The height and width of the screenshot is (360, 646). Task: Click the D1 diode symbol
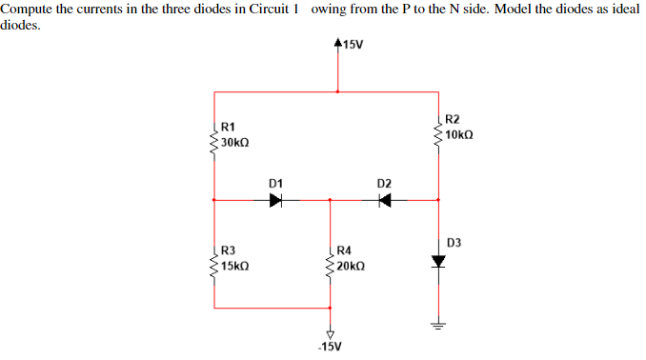pyautogui.click(x=276, y=201)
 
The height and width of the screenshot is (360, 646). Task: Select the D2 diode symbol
pyautogui.click(x=386, y=201)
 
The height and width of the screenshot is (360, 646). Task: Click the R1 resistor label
pyautogui.click(x=229, y=127)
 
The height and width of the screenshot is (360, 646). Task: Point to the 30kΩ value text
pyautogui.click(x=235, y=142)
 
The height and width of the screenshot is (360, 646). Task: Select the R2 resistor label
pyautogui.click(x=453, y=120)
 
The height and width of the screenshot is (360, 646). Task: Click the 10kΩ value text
pyautogui.click(x=458, y=135)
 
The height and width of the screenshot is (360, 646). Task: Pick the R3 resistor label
pyautogui.click(x=229, y=250)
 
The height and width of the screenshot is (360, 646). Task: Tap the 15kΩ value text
pyautogui.click(x=235, y=266)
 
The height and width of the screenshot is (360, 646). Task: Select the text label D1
pyautogui.click(x=276, y=181)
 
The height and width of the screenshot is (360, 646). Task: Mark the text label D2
pyautogui.click(x=384, y=181)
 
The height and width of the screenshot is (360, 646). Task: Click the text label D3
pyautogui.click(x=453, y=243)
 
